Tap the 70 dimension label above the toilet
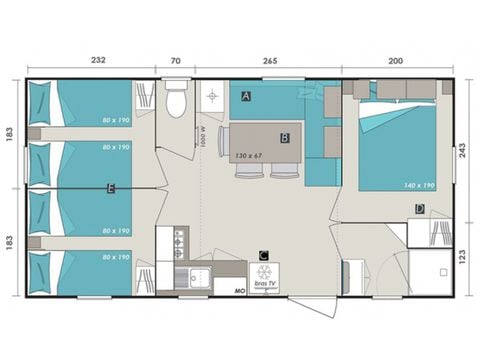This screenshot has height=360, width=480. (176, 61)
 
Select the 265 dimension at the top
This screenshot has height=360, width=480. (267, 61)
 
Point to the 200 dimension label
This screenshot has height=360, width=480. (398, 61)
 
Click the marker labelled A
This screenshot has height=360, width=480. (245, 96)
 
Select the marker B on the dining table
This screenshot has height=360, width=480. (284, 137)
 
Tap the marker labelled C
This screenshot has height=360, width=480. (263, 255)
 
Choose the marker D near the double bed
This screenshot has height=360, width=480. (420, 209)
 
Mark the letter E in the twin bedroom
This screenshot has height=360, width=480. (110, 187)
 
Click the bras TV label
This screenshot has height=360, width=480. (265, 287)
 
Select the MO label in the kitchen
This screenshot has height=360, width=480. (239, 290)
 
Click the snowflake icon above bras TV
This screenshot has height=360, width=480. (265, 274)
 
